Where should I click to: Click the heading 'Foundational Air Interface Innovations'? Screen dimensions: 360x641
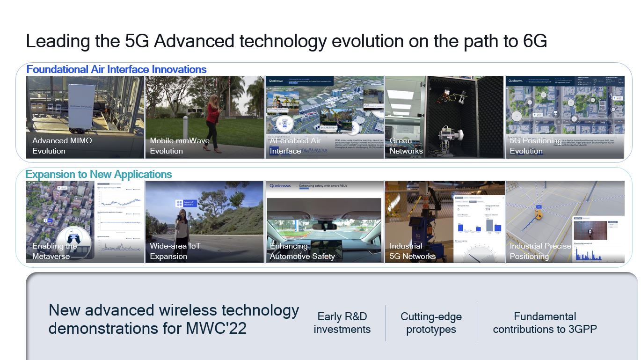tap(117, 69)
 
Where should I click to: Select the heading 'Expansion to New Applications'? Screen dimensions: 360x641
tap(99, 174)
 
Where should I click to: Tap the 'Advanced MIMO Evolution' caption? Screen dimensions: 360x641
tap(62, 146)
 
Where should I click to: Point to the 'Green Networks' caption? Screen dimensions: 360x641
tap(406, 146)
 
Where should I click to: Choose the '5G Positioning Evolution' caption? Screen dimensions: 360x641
tap(535, 146)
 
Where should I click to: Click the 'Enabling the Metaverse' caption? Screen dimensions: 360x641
tap(54, 251)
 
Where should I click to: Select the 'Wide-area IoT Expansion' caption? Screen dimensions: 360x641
tap(175, 251)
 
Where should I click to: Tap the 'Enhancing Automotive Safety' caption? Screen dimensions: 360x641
tap(302, 251)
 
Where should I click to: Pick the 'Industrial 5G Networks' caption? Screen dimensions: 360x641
tap(412, 251)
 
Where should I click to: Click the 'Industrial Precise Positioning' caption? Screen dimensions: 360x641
tap(540, 251)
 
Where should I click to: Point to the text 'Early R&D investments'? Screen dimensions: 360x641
tap(342, 323)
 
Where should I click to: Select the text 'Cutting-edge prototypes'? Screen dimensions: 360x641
tap(431, 323)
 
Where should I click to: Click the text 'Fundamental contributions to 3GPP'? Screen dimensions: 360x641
tap(545, 323)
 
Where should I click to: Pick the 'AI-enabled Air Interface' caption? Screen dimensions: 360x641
tap(295, 146)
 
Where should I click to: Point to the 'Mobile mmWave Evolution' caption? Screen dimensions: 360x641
tap(180, 146)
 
